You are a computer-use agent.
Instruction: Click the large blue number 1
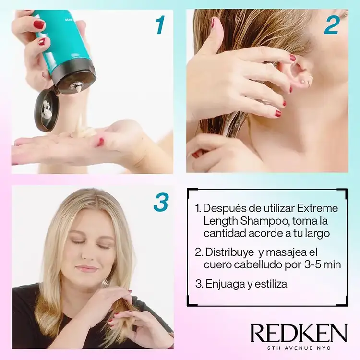(160, 25)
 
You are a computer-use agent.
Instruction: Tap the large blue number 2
(332, 26)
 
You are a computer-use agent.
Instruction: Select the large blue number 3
(161, 202)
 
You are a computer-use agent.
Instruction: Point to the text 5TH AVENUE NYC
(299, 348)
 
